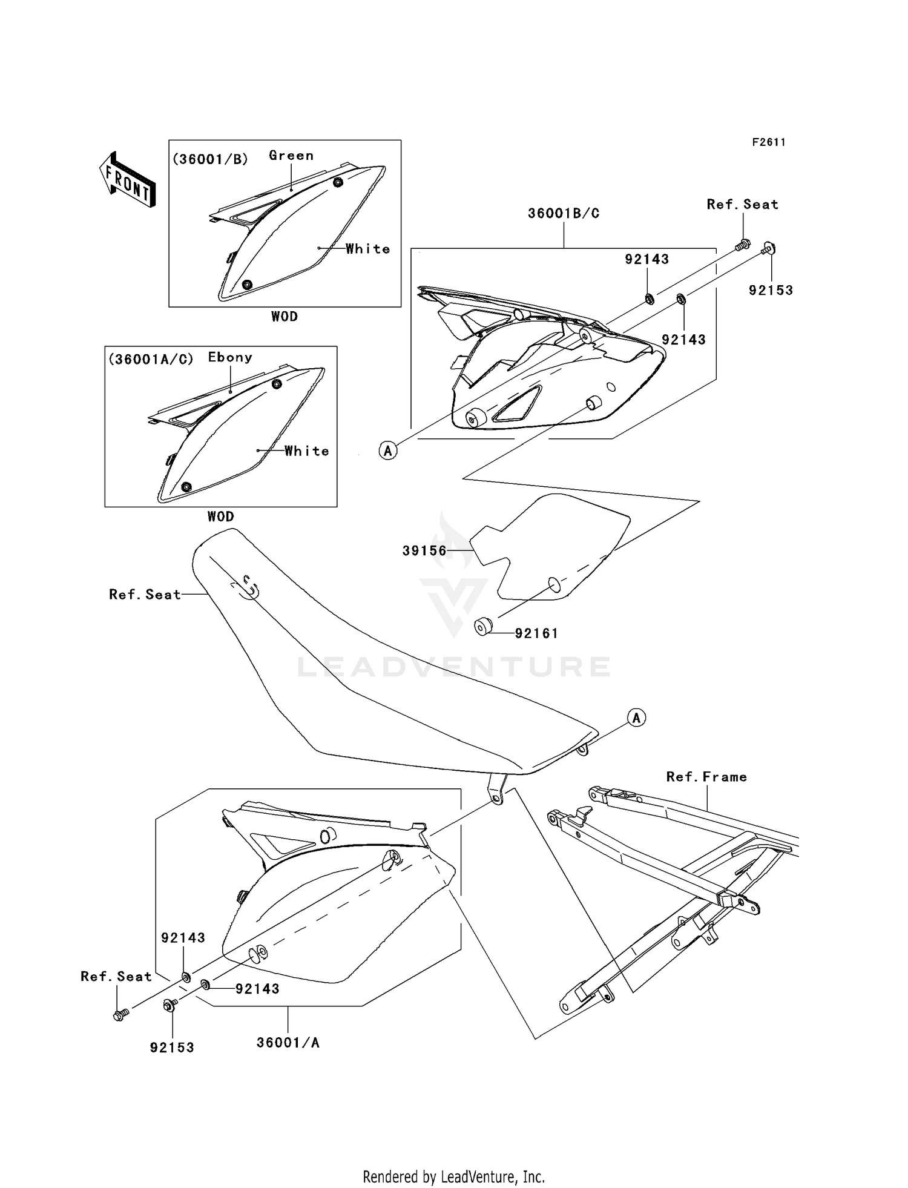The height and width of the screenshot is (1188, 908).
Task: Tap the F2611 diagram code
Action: pyautogui.click(x=769, y=142)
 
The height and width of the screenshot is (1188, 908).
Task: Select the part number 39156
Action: pyautogui.click(x=424, y=550)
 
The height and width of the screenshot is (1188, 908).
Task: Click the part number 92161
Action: pyautogui.click(x=536, y=633)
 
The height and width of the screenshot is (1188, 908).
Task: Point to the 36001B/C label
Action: pyautogui.click(x=564, y=213)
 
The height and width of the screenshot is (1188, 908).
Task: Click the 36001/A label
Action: pyautogui.click(x=288, y=1043)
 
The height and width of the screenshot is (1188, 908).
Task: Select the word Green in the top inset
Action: pyautogui.click(x=291, y=156)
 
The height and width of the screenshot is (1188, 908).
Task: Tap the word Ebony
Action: pyautogui.click(x=230, y=357)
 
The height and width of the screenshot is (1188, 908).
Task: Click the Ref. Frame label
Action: pyautogui.click(x=706, y=777)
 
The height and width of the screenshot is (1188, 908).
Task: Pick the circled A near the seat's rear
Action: pyautogui.click(x=636, y=718)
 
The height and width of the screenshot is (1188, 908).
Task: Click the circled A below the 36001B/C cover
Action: pyautogui.click(x=388, y=450)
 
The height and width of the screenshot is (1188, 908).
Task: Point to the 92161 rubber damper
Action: pyautogui.click(x=482, y=627)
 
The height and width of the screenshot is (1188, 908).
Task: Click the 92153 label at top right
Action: pyautogui.click(x=771, y=290)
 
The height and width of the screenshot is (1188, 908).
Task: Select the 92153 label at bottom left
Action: pyautogui.click(x=172, y=1048)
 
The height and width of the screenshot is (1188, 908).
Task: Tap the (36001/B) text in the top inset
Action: pyautogui.click(x=210, y=159)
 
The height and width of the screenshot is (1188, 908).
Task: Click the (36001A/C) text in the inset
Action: pyautogui.click(x=151, y=359)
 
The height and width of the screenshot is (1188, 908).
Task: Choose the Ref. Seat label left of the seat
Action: pyautogui.click(x=145, y=595)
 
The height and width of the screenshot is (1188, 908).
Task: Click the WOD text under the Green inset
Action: pyautogui.click(x=285, y=317)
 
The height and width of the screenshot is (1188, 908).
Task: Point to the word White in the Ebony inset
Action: pyautogui.click(x=307, y=451)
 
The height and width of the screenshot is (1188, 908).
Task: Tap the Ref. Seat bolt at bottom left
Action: pyautogui.click(x=120, y=1015)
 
